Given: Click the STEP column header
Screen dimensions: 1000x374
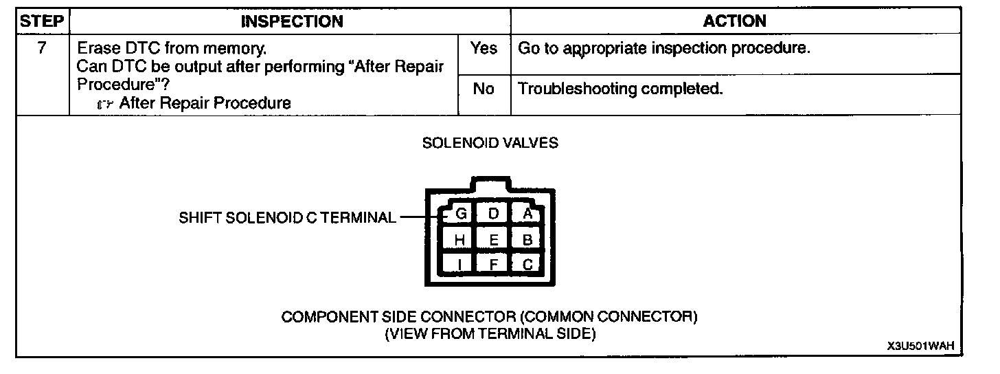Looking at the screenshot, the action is pyautogui.click(x=42, y=21).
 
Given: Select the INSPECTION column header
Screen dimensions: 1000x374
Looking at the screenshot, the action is pyautogui.click(x=291, y=21).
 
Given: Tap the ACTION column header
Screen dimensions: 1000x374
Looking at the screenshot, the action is pyautogui.click(x=734, y=21).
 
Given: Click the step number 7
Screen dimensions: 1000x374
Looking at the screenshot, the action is pyautogui.click(x=42, y=49).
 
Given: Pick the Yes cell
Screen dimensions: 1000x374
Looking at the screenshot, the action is pyautogui.click(x=484, y=49).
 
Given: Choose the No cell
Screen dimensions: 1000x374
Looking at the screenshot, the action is pyautogui.click(x=484, y=89).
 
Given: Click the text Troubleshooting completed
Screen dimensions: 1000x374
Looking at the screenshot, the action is pyautogui.click(x=620, y=89).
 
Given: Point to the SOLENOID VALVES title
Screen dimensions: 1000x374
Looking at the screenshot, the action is pyautogui.click(x=490, y=143).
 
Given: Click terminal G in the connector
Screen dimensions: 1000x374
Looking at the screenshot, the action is pyautogui.click(x=461, y=214).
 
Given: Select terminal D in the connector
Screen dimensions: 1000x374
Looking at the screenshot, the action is pyautogui.click(x=492, y=214).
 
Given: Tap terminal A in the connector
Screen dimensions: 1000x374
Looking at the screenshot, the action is pyautogui.click(x=527, y=214).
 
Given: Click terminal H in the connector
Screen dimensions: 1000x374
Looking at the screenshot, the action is pyautogui.click(x=460, y=239).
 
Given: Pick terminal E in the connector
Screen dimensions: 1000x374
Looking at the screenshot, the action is pyautogui.click(x=493, y=239).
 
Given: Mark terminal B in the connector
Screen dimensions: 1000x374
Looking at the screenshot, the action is pyautogui.click(x=527, y=239).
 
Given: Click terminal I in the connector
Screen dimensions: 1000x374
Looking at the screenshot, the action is pyautogui.click(x=460, y=264).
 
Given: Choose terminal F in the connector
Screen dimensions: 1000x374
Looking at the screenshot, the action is pyautogui.click(x=493, y=264).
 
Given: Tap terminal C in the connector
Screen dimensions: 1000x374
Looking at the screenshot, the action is pyautogui.click(x=527, y=264).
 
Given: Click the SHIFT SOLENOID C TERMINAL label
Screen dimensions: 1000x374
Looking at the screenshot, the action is pyautogui.click(x=288, y=218).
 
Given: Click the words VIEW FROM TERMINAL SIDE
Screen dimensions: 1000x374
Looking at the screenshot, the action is pyautogui.click(x=490, y=333).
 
